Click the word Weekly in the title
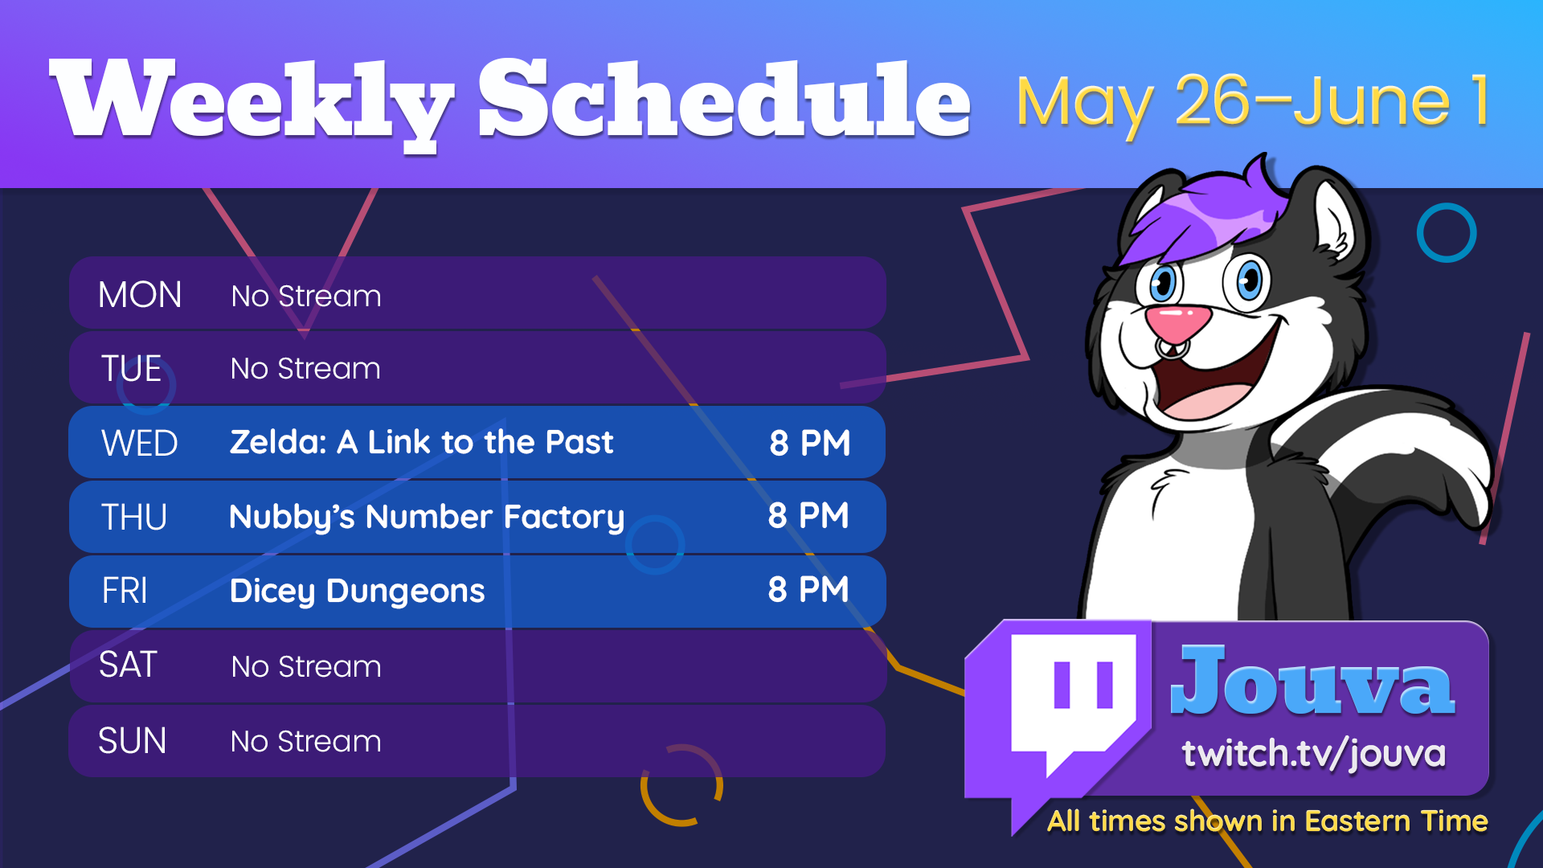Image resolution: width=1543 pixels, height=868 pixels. [252, 103]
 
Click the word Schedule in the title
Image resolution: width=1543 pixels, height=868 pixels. [725, 100]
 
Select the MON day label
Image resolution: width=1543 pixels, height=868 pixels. [140, 295]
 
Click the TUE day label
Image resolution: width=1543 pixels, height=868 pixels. [132, 369]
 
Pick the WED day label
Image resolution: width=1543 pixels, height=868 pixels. [140, 443]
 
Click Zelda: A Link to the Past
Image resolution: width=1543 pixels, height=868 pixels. [422, 442]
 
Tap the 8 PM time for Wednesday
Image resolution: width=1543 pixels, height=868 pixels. [810, 443]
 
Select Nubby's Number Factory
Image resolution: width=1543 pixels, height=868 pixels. [427, 517]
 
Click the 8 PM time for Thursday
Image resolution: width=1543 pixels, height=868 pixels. [808, 516]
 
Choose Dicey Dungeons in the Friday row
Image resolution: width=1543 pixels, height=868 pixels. [358, 592]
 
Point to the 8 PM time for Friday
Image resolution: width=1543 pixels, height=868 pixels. [808, 590]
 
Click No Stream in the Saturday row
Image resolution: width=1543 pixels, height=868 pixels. [306, 666]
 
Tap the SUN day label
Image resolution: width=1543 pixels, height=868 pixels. [132, 740]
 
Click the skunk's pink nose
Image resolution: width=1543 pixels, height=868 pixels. [1178, 322]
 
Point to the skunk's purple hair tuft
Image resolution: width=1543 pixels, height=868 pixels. [1205, 211]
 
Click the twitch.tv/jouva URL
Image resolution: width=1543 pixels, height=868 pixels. [1314, 754]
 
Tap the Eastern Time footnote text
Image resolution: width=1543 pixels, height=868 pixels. [1267, 821]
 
